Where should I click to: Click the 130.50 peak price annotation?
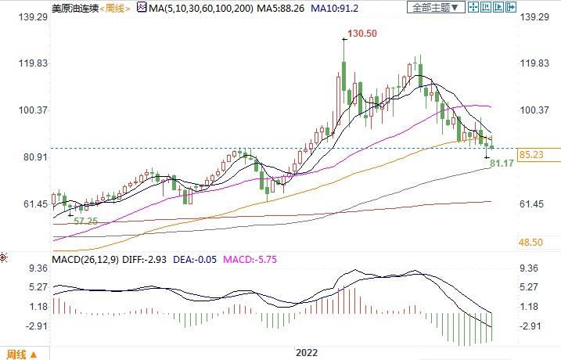tap(367, 34)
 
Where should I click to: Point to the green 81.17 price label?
tap(502, 164)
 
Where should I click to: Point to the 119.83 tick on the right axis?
tap(535, 63)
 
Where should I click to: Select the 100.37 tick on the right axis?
tap(535, 110)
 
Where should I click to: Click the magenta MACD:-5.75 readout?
tap(250, 259)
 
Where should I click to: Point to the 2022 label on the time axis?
tap(306, 352)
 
